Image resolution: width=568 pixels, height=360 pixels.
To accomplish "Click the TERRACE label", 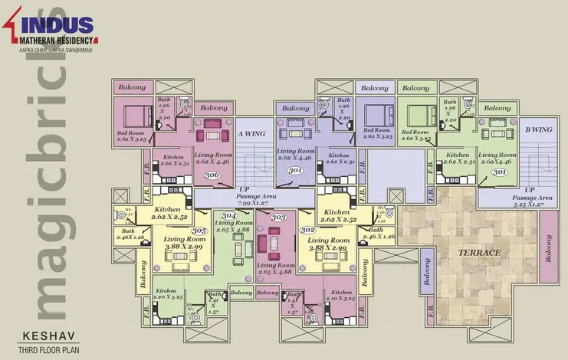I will coord(480,252).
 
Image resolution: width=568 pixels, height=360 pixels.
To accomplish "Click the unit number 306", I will coord(212,175).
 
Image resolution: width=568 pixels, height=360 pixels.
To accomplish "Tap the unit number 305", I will coord(199,231).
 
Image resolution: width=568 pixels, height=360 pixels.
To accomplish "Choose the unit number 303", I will coord(279,218).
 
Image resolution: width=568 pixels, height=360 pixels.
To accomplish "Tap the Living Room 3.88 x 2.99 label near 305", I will coord(182,244).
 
